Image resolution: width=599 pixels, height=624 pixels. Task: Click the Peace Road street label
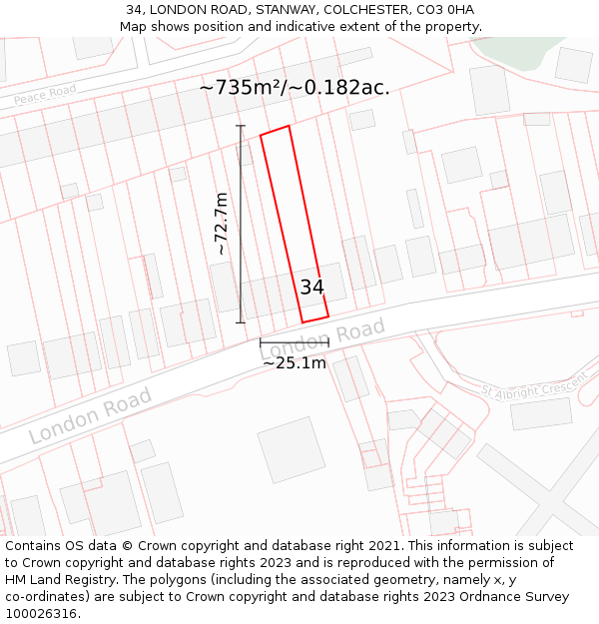click(x=45, y=96)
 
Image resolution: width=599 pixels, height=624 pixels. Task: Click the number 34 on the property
click(x=311, y=288)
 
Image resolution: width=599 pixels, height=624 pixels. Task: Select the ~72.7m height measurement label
click(x=222, y=224)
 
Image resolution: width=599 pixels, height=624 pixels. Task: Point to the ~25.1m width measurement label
click(x=295, y=363)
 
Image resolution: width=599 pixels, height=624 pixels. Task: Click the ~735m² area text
click(x=241, y=88)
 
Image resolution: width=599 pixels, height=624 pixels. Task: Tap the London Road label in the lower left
click(x=90, y=415)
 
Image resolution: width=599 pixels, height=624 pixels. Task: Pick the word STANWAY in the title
click(x=259, y=10)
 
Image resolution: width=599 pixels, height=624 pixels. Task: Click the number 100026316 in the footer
click(x=40, y=614)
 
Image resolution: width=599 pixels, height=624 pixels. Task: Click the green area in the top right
click(x=519, y=50)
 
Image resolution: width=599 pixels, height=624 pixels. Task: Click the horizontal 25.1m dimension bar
click(x=295, y=342)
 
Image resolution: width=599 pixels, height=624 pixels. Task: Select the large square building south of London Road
click(x=291, y=450)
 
